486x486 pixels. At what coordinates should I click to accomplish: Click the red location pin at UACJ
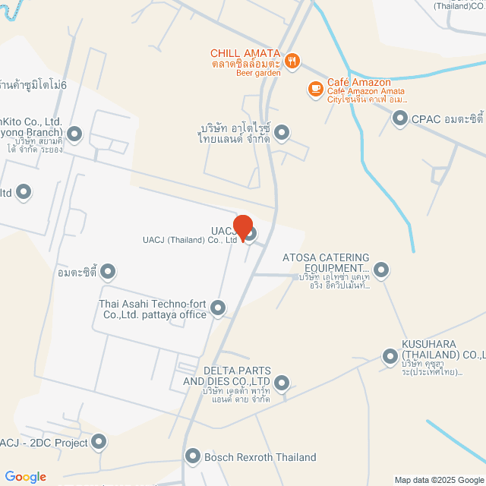(x=243, y=227)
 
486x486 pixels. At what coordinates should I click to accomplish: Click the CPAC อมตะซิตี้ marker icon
(x=400, y=118)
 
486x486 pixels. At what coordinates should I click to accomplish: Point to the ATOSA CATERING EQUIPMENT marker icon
(x=381, y=269)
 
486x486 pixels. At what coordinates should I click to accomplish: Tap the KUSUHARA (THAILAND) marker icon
(x=390, y=355)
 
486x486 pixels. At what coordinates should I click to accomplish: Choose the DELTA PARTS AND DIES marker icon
(x=282, y=382)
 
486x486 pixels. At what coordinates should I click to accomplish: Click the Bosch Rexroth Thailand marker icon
(x=192, y=456)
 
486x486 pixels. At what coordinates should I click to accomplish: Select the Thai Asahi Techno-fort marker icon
(x=218, y=308)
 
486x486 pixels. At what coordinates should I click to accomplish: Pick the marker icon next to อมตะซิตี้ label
(x=109, y=271)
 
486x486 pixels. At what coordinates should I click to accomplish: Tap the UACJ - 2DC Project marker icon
(x=100, y=442)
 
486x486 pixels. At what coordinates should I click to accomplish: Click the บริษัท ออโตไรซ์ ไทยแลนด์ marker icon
(x=282, y=134)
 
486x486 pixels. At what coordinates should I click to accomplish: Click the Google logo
(x=25, y=477)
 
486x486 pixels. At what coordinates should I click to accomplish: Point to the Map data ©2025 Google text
(x=439, y=480)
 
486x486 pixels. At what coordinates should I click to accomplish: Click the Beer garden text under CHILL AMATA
(x=258, y=73)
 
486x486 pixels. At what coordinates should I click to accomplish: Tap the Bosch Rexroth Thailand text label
(x=260, y=457)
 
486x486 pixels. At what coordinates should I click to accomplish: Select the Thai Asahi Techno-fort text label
(x=153, y=309)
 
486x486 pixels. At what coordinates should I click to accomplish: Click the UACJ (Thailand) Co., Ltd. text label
(x=191, y=240)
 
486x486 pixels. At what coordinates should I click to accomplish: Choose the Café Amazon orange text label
(x=359, y=82)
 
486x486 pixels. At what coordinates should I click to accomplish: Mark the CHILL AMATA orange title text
(x=246, y=53)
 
